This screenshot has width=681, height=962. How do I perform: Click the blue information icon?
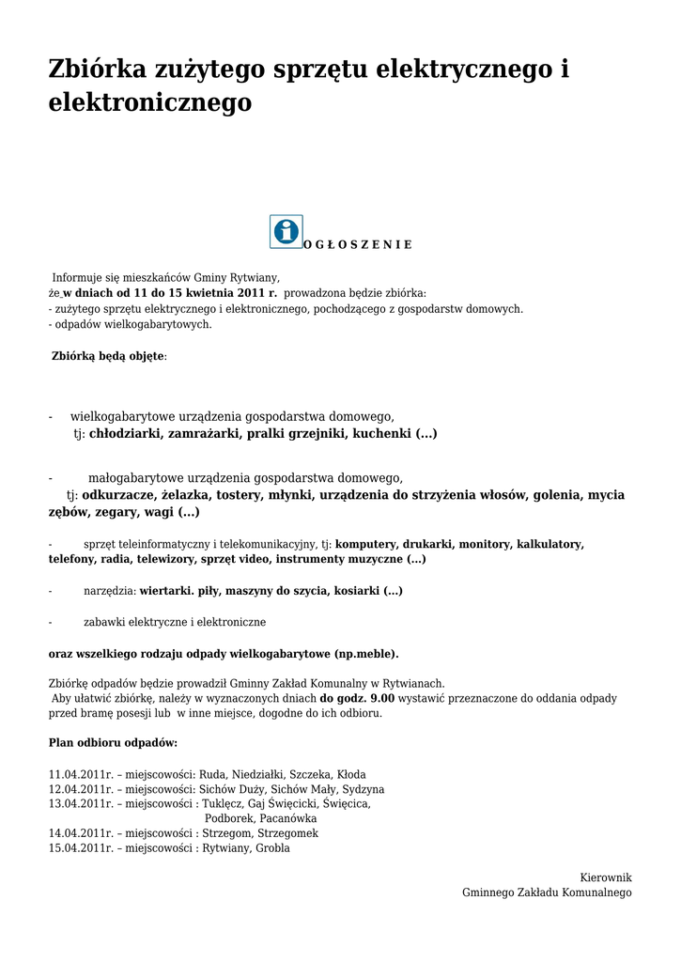286,231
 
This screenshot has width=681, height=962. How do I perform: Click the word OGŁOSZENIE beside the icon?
358,244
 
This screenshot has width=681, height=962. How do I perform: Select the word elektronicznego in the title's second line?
150,102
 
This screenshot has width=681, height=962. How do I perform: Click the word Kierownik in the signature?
606,877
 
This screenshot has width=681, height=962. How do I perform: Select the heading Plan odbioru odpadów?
113,742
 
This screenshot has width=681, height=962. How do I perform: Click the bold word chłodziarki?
126,434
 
